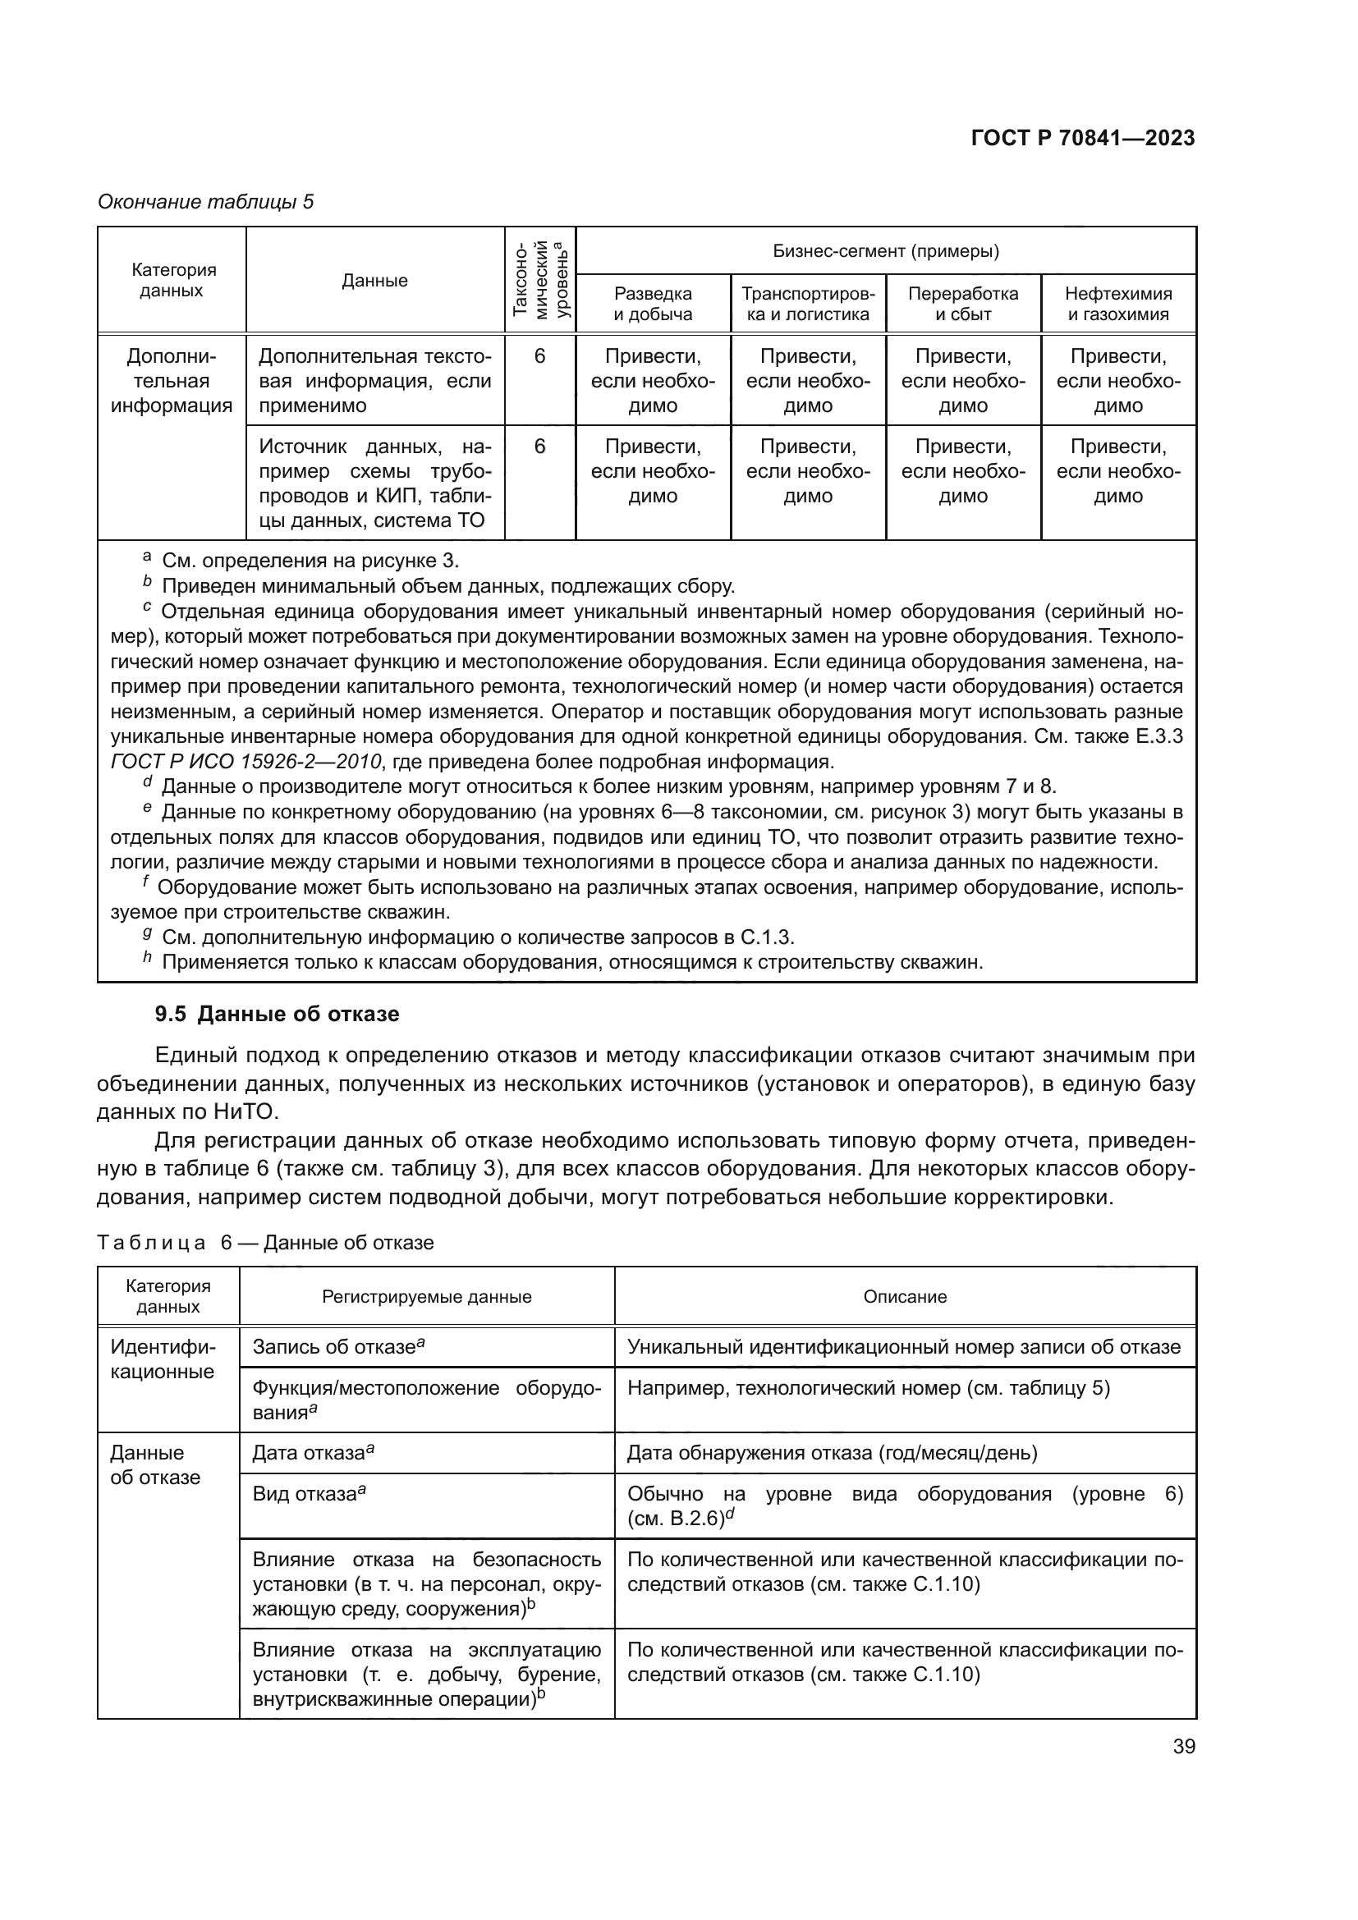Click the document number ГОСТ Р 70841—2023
pyautogui.click(x=1083, y=138)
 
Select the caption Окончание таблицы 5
pyautogui.click(x=206, y=202)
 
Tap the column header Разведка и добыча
pyautogui.click(x=653, y=304)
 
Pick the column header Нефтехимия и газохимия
pyautogui.click(x=1118, y=304)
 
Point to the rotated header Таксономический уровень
pyautogui.click(x=540, y=279)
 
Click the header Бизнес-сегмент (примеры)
pyautogui.click(x=886, y=251)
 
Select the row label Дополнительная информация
pyautogui.click(x=172, y=382)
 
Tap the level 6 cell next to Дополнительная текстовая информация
pyautogui.click(x=540, y=357)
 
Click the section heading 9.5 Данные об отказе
pyautogui.click(x=277, y=1015)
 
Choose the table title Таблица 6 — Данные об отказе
pyautogui.click(x=266, y=1243)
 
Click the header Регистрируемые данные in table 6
pyautogui.click(x=426, y=1297)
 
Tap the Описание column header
pyautogui.click(x=905, y=1297)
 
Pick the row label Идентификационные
pyautogui.click(x=163, y=1359)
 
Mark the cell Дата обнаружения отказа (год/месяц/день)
pyautogui.click(x=832, y=1454)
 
